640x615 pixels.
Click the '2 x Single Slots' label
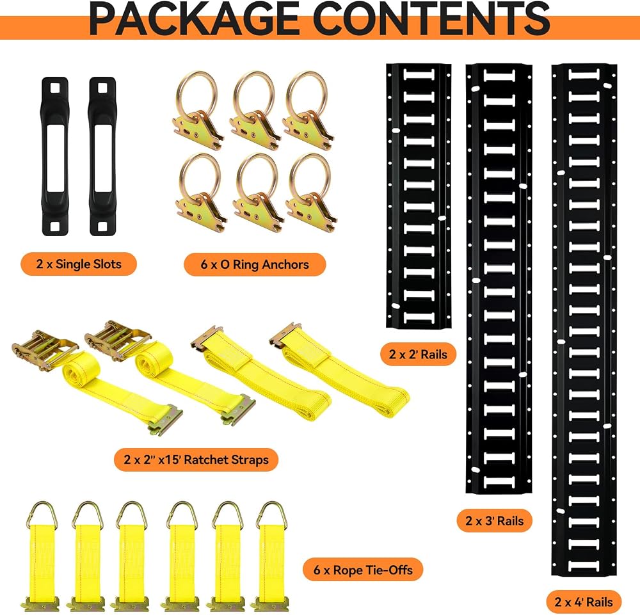click(78, 264)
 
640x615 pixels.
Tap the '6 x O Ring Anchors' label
click(255, 264)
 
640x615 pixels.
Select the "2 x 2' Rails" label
click(418, 354)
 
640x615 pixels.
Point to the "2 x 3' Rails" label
click(494, 521)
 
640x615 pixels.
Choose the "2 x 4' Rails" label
click(584, 602)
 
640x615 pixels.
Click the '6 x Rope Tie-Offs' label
click(363, 570)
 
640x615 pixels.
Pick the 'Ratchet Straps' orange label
click(196, 460)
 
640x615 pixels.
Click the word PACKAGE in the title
click(195, 19)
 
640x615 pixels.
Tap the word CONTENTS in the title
click(432, 19)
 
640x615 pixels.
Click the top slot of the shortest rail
click(419, 74)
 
